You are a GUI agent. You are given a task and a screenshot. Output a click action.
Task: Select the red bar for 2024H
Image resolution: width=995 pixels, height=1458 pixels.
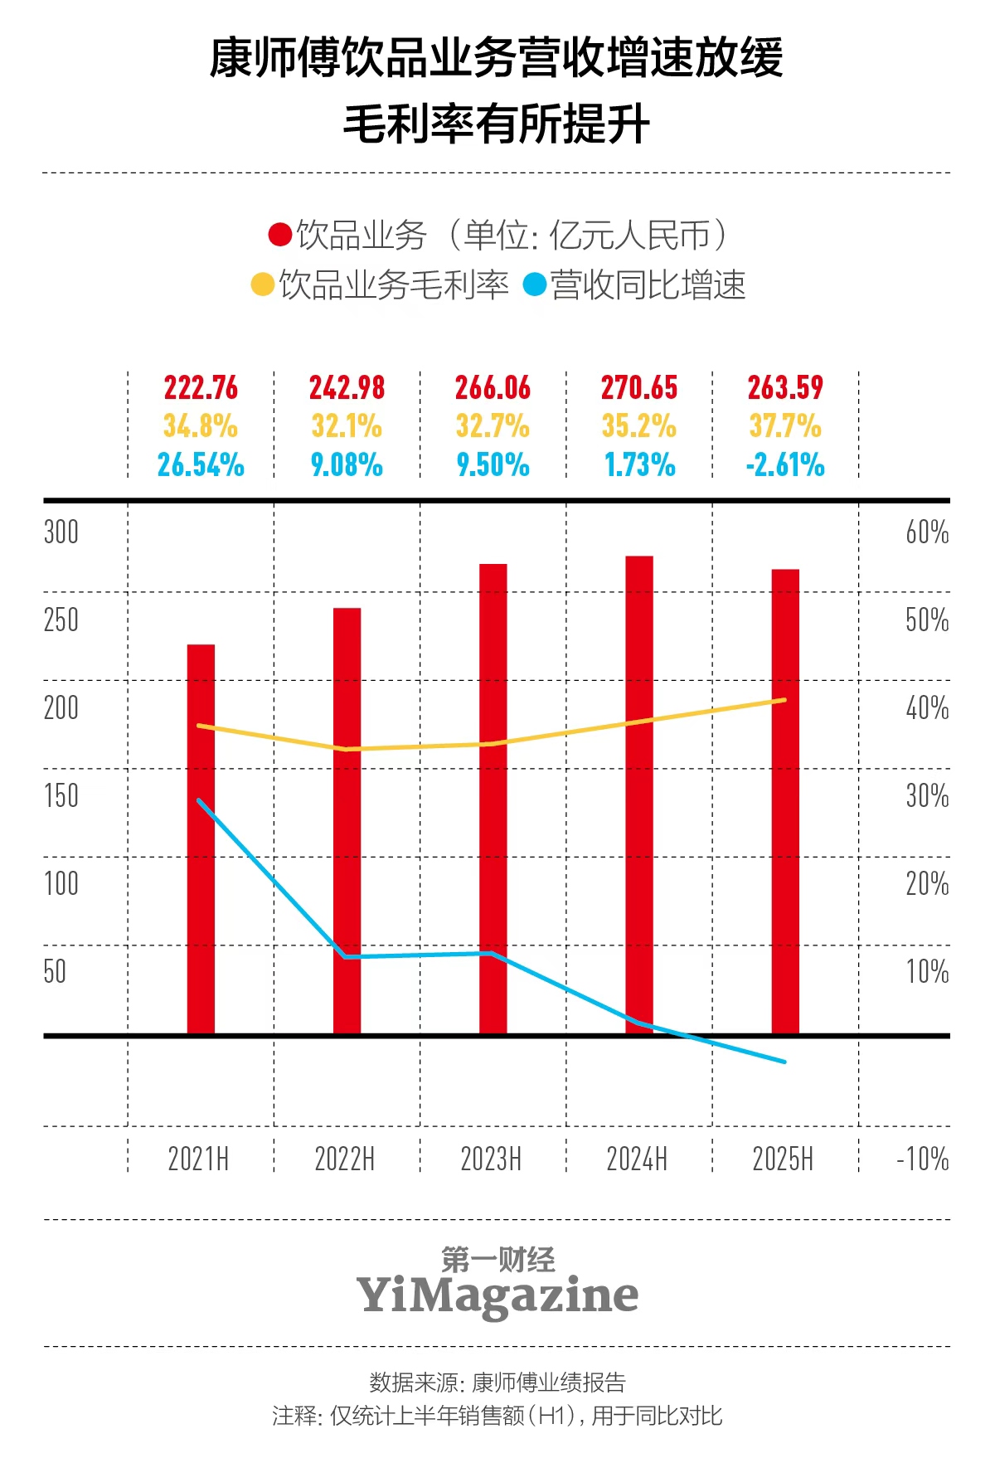[639, 795]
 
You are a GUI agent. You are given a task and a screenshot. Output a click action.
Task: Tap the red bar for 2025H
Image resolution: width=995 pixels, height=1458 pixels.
[785, 800]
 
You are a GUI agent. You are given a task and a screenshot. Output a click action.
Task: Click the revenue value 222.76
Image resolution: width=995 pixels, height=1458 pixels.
[201, 388]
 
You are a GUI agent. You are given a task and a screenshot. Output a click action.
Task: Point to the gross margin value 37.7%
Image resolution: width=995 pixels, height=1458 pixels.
[785, 426]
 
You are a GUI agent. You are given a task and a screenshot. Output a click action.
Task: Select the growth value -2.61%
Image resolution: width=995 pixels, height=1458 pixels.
[785, 465]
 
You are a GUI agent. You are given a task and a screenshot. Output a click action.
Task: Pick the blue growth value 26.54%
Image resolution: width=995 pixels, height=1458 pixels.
[201, 465]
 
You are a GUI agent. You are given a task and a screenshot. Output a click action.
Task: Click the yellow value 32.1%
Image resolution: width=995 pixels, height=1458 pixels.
[347, 426]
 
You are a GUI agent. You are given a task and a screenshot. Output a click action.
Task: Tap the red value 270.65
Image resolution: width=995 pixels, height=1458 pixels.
[639, 388]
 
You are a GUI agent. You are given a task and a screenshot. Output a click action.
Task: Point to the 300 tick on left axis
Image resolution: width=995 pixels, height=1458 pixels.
[61, 532]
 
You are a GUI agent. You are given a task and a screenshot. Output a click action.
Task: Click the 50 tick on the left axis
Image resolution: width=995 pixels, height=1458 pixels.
[55, 971]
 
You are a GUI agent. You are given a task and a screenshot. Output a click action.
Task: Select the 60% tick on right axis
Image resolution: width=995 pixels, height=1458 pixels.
[927, 532]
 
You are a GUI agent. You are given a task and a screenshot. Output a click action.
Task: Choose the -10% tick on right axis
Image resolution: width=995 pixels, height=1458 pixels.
[923, 1159]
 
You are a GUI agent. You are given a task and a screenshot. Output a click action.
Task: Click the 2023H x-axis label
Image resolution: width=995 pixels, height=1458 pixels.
[491, 1159]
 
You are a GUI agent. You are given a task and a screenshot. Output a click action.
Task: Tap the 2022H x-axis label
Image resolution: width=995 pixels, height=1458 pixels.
[345, 1159]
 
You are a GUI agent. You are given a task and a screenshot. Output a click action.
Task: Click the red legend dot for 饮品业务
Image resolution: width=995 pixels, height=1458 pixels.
[279, 236]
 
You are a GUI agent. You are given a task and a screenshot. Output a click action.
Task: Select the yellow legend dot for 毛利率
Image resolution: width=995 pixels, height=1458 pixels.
[262, 285]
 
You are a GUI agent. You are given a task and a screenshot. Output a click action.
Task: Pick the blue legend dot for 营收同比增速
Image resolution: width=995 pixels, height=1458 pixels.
[535, 285]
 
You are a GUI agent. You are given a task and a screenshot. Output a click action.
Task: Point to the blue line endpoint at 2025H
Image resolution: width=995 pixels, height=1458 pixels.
[784, 1062]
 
